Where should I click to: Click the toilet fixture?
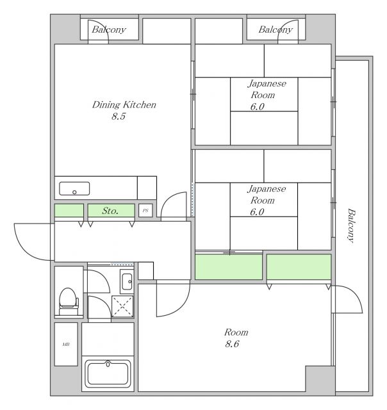[69, 302]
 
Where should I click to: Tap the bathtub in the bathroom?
[108, 374]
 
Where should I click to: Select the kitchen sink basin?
[74, 188]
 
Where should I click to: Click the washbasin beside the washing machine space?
[127, 281]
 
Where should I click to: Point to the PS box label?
[145, 211]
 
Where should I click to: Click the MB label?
[66, 345]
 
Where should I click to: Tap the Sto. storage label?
[110, 211]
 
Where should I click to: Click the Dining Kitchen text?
[124, 104]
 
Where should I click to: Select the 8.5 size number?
[119, 116]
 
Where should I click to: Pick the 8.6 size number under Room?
[232, 343]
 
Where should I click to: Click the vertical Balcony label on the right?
[351, 225]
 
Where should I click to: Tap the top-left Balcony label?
[109, 29]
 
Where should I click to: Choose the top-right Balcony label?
[276, 29]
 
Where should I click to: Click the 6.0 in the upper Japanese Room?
[258, 106]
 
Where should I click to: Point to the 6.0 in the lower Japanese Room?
[257, 212]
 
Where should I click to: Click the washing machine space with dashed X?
[122, 306]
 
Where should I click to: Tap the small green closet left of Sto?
[69, 211]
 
